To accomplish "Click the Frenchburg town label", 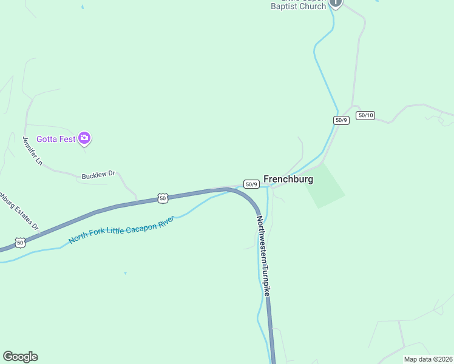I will (x=288, y=180).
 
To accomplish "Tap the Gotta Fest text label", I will (x=56, y=139).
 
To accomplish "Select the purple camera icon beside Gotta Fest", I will (x=85, y=139).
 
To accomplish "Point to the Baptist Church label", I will (x=298, y=7).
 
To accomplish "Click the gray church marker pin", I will (x=336, y=3).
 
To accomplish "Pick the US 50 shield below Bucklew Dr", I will (x=162, y=198).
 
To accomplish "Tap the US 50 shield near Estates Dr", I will (x=21, y=242).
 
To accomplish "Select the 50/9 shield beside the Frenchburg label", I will (x=252, y=184).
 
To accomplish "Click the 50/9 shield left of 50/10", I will (x=341, y=120).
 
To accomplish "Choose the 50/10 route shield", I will (x=365, y=115).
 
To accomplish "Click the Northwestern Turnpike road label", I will (x=263, y=256).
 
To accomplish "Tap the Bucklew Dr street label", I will (x=98, y=175).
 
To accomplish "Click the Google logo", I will (x=20, y=357).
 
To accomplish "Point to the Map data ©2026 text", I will (x=427, y=359).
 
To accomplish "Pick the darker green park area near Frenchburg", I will (x=325, y=186).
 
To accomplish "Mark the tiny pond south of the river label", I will (x=125, y=273).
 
